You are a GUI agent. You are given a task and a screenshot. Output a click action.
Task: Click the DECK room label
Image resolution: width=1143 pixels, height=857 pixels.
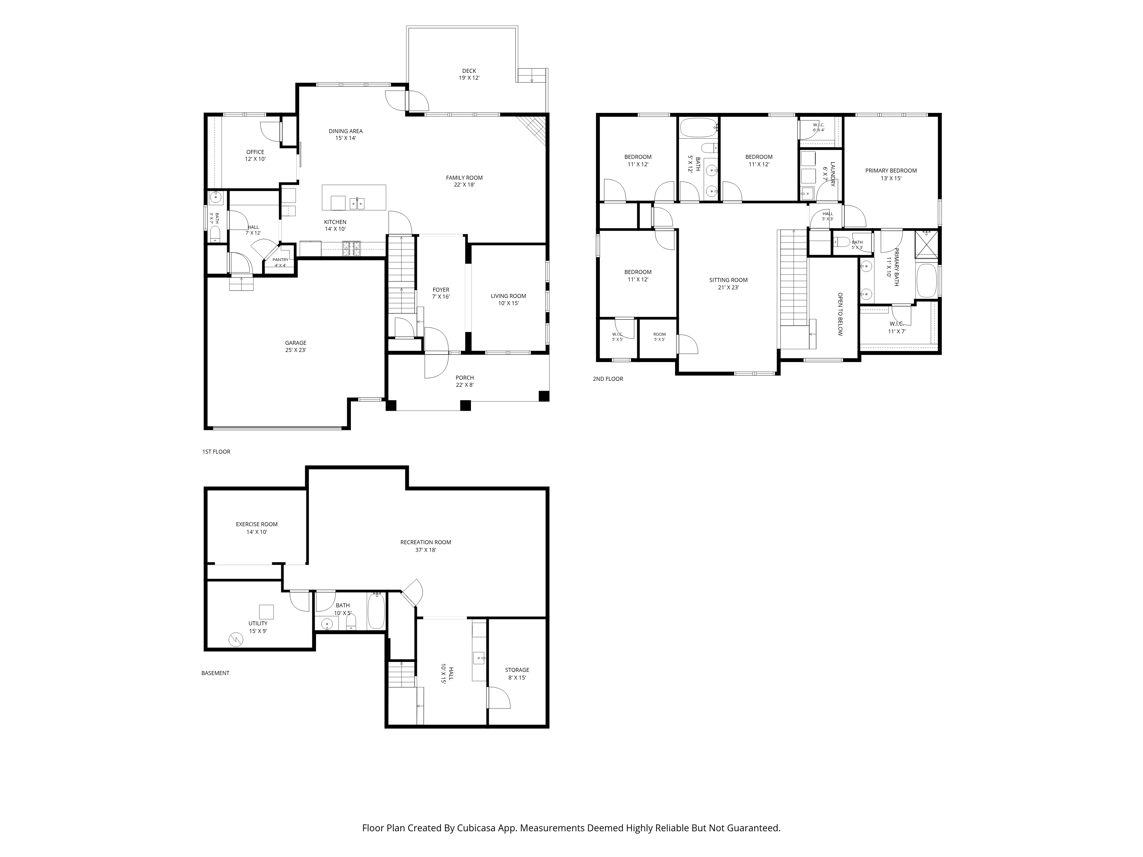point(469,71)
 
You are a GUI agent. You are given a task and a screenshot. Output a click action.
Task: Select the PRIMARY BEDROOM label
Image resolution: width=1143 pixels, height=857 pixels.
point(891,171)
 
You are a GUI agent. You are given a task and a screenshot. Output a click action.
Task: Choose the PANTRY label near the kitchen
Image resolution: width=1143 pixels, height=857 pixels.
point(281,260)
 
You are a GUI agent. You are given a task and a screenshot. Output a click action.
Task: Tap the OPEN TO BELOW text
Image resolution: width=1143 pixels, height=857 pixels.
point(840,315)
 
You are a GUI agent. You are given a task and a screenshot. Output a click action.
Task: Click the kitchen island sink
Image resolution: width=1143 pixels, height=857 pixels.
point(357,203)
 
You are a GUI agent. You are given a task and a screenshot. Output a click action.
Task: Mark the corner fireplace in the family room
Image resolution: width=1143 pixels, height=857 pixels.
point(533,129)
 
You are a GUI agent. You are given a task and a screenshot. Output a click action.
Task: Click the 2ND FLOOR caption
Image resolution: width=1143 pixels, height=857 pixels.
point(608,379)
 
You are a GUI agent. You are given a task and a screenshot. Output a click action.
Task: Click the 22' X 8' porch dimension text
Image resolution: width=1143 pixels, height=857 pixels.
point(465,385)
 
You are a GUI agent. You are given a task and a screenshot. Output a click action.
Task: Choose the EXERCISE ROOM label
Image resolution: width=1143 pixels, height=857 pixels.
point(257,524)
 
